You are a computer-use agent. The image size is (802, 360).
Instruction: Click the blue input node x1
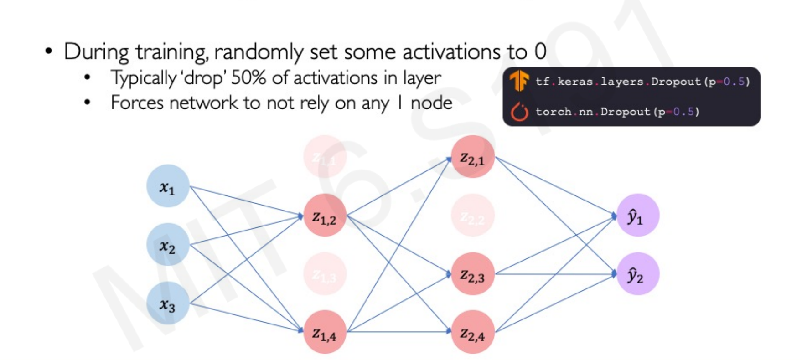point(168,186)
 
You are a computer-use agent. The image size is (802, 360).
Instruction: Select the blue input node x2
point(168,245)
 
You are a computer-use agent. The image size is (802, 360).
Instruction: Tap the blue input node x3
point(168,303)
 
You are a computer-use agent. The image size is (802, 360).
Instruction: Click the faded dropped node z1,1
point(325,157)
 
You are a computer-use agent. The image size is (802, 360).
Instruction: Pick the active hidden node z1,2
point(325,216)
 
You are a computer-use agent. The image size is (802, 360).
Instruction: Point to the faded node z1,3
point(325,274)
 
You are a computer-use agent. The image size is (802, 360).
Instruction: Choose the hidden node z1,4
point(325,332)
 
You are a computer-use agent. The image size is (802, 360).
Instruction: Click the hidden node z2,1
point(473,157)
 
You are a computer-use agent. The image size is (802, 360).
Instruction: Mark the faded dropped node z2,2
point(473,216)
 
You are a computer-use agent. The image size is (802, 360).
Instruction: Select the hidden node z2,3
point(473,274)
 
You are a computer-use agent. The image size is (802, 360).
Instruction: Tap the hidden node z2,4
point(473,332)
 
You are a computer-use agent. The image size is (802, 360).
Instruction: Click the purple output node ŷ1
point(637,216)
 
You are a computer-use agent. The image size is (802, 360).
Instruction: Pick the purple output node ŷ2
point(637,274)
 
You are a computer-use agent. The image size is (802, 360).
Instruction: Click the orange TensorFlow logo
point(519,82)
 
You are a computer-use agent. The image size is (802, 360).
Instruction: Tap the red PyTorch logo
point(519,112)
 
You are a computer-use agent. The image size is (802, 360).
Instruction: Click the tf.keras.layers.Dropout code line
point(642,82)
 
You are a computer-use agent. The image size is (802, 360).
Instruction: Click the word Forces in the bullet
point(137,103)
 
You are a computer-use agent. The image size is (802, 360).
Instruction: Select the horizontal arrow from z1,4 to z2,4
point(399,332)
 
